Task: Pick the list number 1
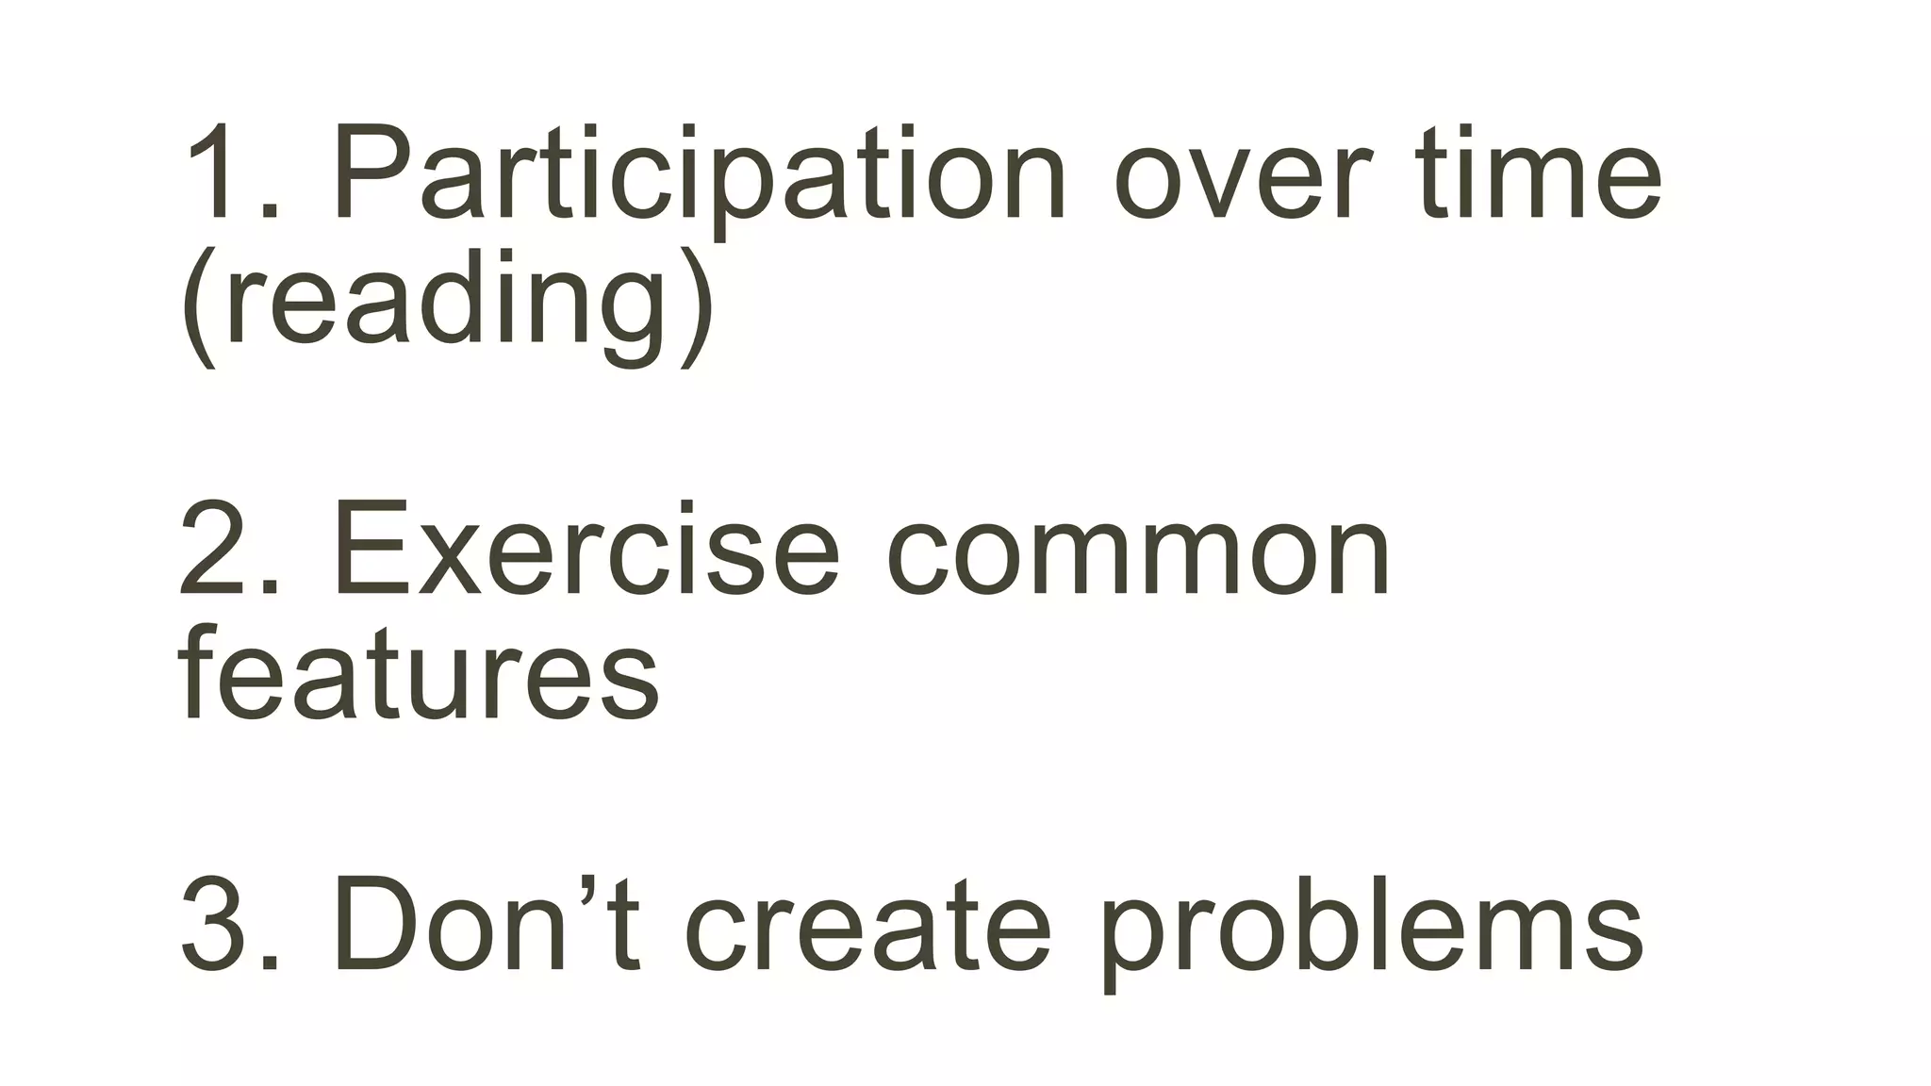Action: click(x=217, y=175)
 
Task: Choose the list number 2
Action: click(x=217, y=551)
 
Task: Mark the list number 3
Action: click(x=217, y=924)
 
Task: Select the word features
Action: click(x=419, y=675)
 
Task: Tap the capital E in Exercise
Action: click(x=371, y=551)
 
